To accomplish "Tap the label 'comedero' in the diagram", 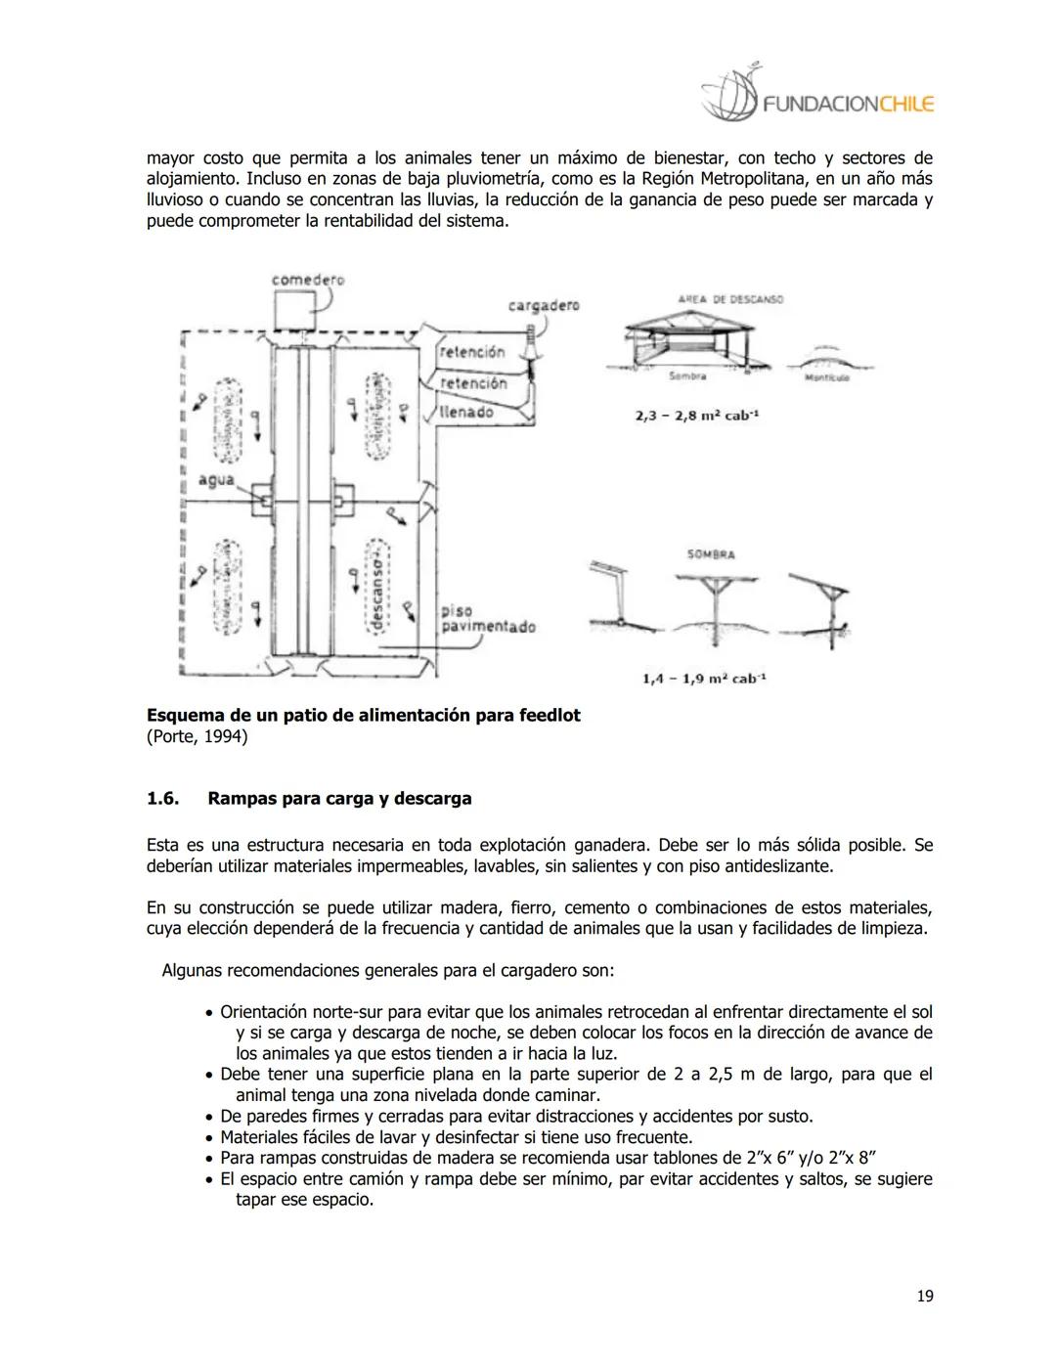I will click(x=308, y=280).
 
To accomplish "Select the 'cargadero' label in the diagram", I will click(x=544, y=305).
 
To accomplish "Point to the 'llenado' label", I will click(x=466, y=412).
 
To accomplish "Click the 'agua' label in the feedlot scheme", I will click(x=216, y=479).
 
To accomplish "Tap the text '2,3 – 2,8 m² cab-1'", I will click(x=697, y=416).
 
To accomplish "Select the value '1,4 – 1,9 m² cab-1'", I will click(x=704, y=678).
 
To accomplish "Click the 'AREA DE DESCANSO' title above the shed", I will click(x=730, y=299).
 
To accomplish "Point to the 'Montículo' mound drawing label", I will click(x=826, y=377).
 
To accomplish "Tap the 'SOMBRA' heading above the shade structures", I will click(x=711, y=554).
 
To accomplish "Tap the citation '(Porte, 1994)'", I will click(x=197, y=736).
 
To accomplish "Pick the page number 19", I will click(x=925, y=1297).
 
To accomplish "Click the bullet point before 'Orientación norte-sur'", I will click(x=209, y=1012).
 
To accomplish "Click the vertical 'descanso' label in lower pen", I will click(x=375, y=587).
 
